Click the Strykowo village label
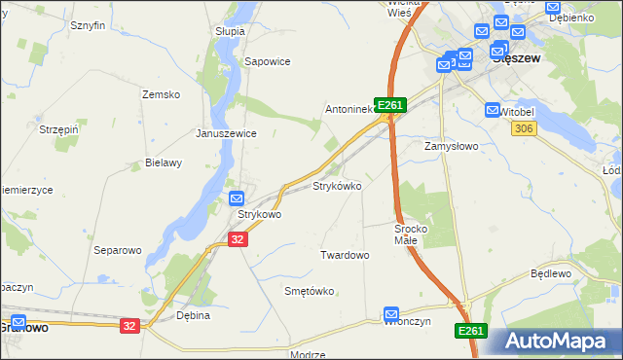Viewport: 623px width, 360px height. (259, 214)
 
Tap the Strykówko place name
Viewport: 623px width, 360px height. (337, 185)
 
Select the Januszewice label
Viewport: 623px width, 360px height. (226, 133)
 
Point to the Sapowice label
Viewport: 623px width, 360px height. (268, 60)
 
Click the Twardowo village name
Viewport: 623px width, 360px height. (345, 255)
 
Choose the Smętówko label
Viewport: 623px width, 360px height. (309, 291)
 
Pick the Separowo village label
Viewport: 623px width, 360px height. (118, 250)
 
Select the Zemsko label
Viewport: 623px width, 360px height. (162, 94)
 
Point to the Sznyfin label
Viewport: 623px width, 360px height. (87, 26)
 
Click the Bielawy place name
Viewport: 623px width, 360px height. (164, 162)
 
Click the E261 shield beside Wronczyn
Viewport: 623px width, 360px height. (470, 332)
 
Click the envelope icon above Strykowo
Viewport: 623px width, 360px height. (237, 198)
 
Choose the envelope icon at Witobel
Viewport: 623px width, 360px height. (492, 111)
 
